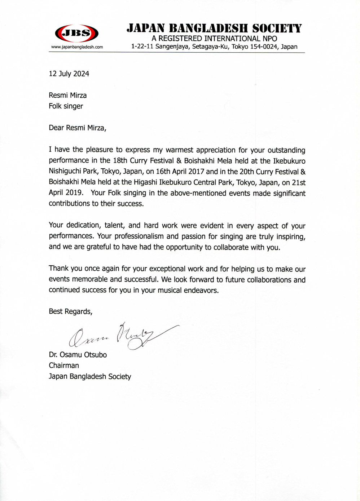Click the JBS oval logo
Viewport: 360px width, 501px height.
pos(76,34)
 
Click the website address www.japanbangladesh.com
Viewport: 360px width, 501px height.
pos(77,47)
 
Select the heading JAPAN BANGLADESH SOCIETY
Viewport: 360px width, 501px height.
pos(214,28)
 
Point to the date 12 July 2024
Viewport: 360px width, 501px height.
pos(69,74)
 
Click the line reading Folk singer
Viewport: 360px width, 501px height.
pos(66,106)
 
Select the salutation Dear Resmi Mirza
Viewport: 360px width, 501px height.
pos(78,128)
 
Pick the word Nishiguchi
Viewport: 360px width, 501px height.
pos(65,172)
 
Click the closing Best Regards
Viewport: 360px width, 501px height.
pos(70,312)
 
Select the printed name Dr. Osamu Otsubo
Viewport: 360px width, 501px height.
pos(78,355)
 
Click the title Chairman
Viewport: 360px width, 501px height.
pos(64,365)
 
